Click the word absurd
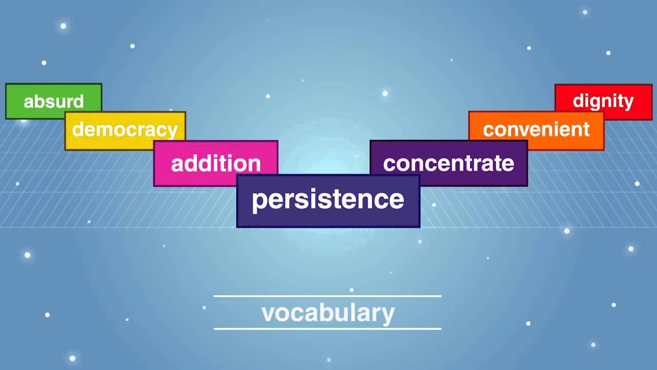(x=54, y=101)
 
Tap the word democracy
(x=125, y=129)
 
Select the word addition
(x=216, y=163)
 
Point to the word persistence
(x=328, y=199)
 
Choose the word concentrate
(x=449, y=163)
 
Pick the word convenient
(x=536, y=129)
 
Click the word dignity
(x=603, y=101)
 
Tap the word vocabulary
(x=328, y=313)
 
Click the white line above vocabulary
(x=327, y=296)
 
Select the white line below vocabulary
(x=327, y=328)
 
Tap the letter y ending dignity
(x=629, y=103)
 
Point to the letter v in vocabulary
(x=268, y=314)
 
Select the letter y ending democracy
(x=172, y=132)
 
